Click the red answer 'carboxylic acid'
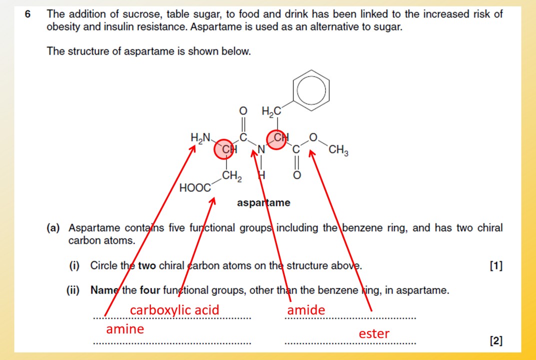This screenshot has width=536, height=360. (174, 310)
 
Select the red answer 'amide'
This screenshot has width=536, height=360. (305, 310)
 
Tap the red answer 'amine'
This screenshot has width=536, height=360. (124, 329)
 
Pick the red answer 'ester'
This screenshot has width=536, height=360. (373, 333)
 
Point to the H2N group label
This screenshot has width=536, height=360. (201, 137)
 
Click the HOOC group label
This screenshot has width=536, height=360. (194, 188)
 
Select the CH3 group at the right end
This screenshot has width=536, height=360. (338, 150)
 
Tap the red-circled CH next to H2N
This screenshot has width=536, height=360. (227, 149)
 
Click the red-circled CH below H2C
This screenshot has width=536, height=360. (277, 138)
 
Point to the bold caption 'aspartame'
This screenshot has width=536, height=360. (263, 203)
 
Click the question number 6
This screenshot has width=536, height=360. (28, 14)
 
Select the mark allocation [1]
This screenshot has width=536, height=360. (496, 266)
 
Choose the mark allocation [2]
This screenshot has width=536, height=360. (496, 341)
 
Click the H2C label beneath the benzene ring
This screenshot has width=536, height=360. (271, 112)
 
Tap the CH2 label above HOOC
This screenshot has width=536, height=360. (232, 176)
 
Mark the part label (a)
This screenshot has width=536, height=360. (53, 228)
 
